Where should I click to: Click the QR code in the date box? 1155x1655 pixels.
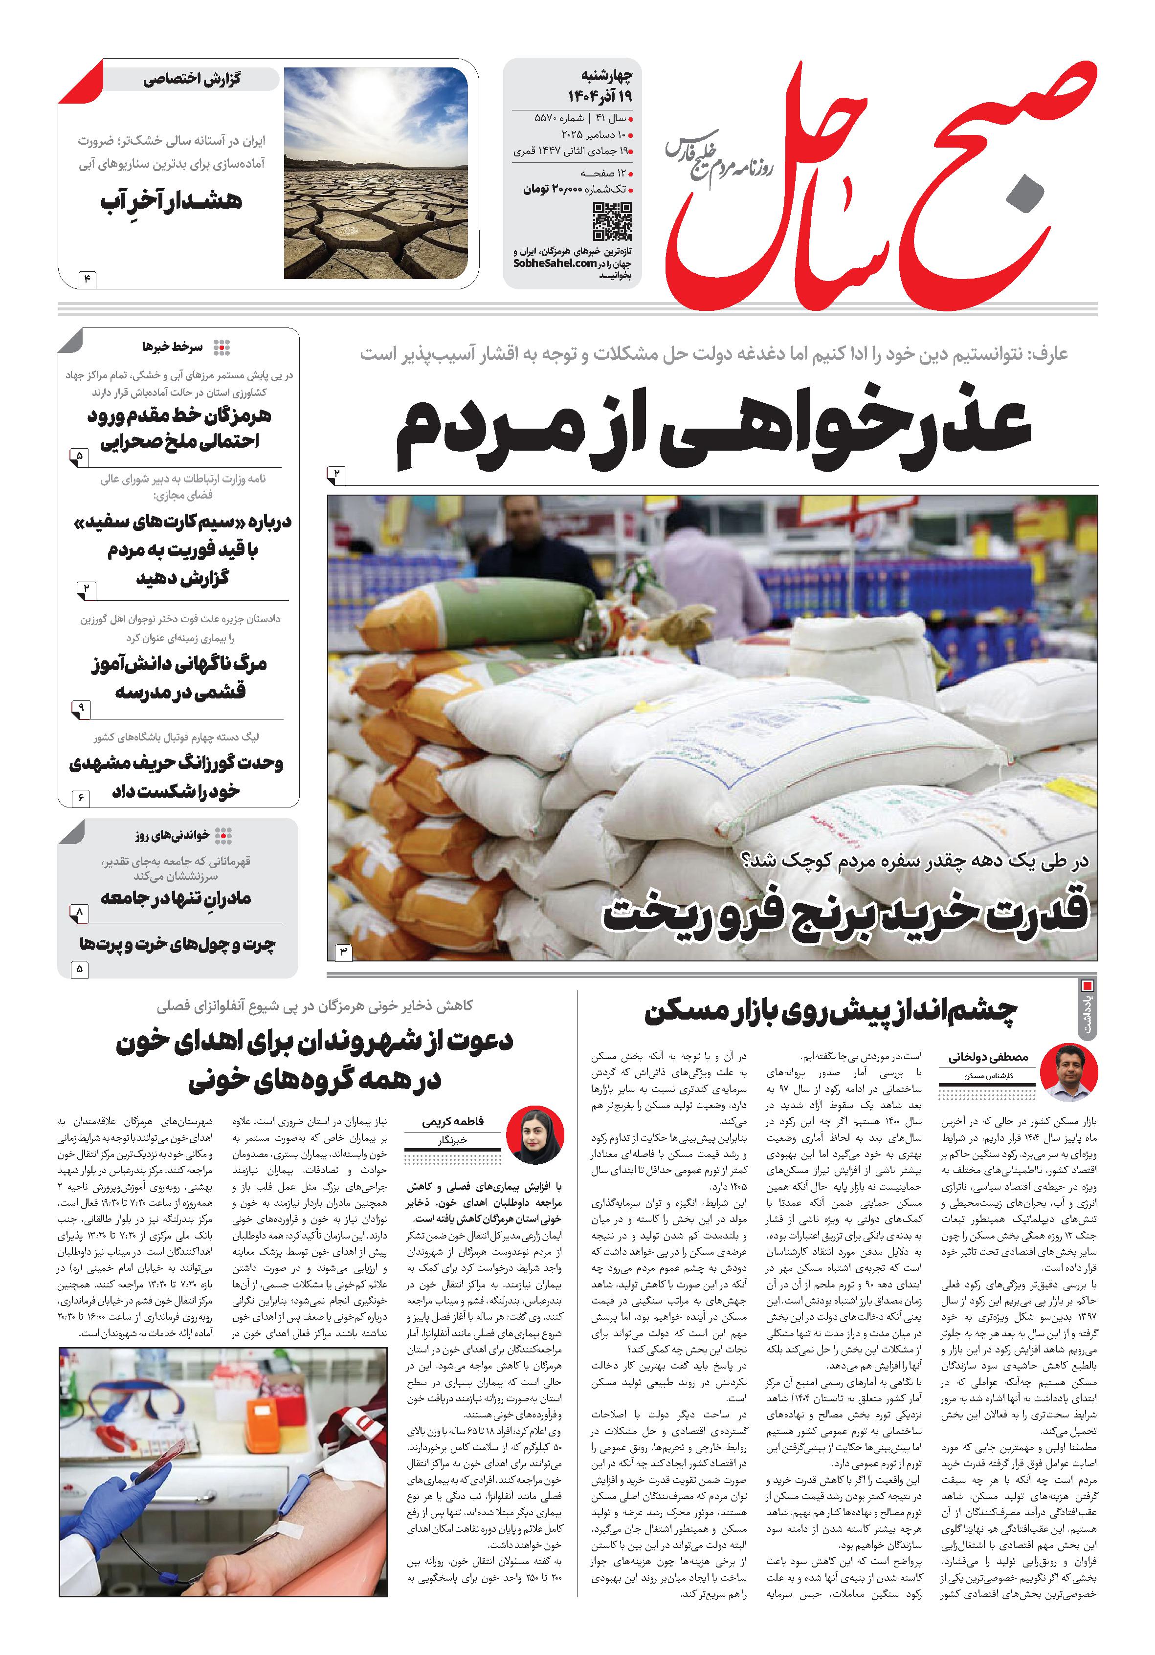612,221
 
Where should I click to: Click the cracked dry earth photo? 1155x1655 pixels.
375,173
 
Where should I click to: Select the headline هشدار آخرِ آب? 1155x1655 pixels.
172,201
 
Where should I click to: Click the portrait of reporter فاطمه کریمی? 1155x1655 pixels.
535,1134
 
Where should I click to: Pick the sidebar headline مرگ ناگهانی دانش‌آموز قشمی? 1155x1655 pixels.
179,677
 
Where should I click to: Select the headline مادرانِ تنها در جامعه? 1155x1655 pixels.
176,898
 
